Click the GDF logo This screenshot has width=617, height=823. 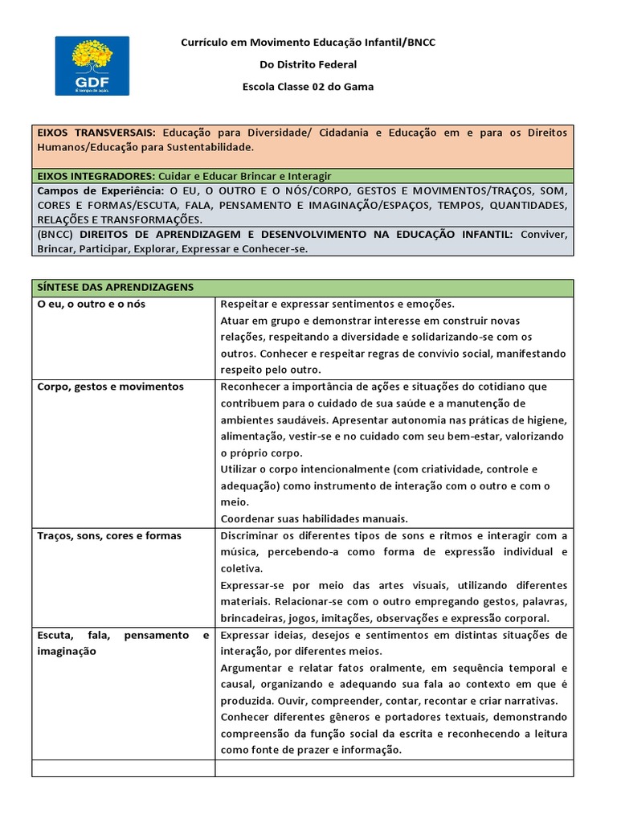[92, 65]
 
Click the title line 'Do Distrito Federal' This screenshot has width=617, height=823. [308, 64]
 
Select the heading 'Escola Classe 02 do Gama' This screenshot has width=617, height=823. [308, 87]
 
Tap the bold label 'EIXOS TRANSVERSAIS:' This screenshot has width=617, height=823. [96, 133]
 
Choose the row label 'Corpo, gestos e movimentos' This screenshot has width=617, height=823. [110, 387]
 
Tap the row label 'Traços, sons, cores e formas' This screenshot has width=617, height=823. [109, 536]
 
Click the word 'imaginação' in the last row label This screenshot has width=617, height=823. [67, 652]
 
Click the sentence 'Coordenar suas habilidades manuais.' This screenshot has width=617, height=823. [314, 518]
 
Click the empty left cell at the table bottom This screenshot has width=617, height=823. [123, 768]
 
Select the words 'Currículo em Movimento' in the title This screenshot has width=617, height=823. [241, 42]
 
